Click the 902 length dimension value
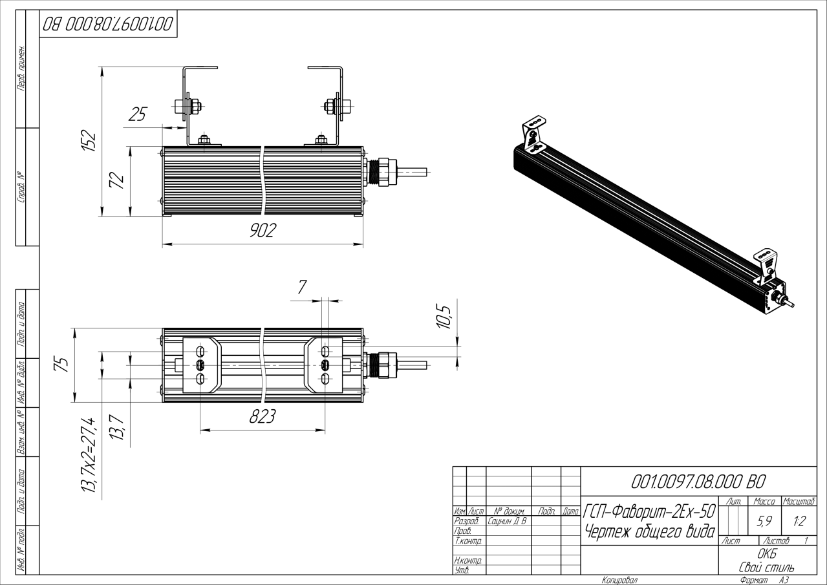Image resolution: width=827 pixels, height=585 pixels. pos(263,231)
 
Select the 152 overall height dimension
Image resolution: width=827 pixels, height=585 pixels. pos(89,140)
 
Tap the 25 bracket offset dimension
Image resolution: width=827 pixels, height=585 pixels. pos(138,114)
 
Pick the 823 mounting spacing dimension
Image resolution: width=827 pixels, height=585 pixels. pos(263,417)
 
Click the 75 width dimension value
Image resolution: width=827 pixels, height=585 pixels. pos(61,365)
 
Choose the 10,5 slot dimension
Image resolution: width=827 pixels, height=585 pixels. pos(444,317)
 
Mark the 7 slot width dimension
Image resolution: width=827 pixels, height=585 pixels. pos(302,287)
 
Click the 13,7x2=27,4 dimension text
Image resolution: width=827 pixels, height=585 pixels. pos(89,454)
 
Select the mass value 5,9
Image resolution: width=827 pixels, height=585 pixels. pos(764,521)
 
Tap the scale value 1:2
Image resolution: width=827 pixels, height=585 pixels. pos(799,521)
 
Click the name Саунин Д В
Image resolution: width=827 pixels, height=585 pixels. pos(507,521)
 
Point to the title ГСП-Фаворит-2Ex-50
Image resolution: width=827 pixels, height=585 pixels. pos(649,511)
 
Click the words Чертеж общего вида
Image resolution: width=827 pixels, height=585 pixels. pos(650,532)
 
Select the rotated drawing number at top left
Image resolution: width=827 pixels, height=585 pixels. pos(108,24)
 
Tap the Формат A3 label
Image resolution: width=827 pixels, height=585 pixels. pos(764,580)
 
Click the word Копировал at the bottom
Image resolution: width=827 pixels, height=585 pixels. pos(620,580)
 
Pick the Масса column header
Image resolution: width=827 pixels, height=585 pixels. pos(764,502)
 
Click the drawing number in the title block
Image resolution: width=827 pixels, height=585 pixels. pos(698,482)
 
